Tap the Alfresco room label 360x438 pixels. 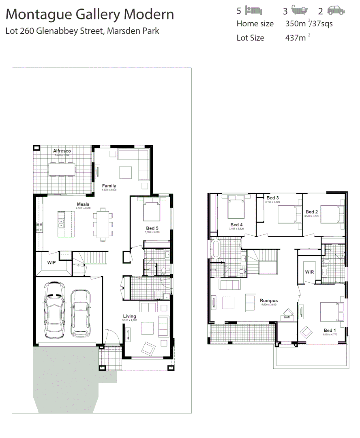(x=62, y=151)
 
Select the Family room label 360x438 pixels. (x=109, y=186)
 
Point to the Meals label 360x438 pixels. (x=83, y=204)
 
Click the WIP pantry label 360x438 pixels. (x=51, y=263)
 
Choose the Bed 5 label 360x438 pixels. (x=152, y=228)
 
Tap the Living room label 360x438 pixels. (x=130, y=316)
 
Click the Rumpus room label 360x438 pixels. (x=268, y=301)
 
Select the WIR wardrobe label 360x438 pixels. (x=310, y=272)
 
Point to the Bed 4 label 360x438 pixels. (x=236, y=225)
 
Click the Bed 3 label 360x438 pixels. (x=272, y=198)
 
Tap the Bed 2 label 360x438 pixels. (x=312, y=212)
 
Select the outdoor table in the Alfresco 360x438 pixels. (x=62, y=169)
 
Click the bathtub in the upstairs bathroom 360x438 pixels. (x=215, y=249)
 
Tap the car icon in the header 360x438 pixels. (x=336, y=11)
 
